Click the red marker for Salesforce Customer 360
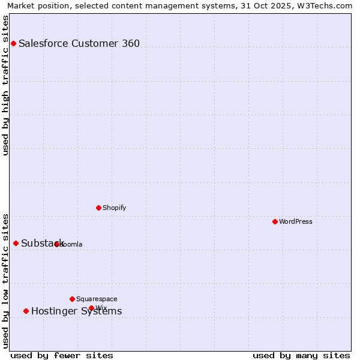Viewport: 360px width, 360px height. tap(13, 43)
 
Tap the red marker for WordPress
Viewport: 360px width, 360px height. tap(275, 221)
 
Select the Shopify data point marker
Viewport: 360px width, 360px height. tap(98, 208)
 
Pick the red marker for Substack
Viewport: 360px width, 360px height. tap(16, 243)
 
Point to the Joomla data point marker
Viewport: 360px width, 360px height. tap(56, 244)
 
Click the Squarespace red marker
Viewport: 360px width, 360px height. tap(72, 299)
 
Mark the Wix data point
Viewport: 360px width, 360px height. tap(91, 308)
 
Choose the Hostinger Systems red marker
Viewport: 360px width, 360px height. tap(26, 311)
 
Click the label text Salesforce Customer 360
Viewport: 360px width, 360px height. tap(79, 43)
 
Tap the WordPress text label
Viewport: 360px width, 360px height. tap(296, 221)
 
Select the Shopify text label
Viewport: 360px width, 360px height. tap(115, 208)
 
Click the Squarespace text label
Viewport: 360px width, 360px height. tap(97, 299)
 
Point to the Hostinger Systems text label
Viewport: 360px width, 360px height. tap(76, 311)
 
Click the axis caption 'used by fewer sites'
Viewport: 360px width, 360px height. tap(62, 355)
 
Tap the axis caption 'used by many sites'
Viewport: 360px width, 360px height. tap(301, 355)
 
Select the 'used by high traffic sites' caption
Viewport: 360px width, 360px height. tap(5, 85)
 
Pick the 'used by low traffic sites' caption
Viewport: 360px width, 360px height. tap(5, 280)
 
